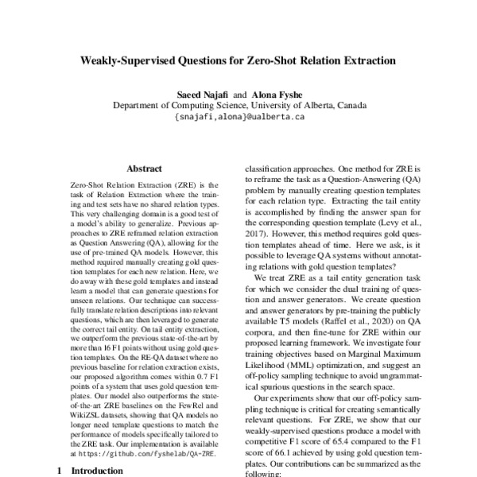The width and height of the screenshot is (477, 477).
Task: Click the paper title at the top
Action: [x=238, y=60]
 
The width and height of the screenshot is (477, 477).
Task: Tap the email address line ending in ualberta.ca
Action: [x=239, y=117]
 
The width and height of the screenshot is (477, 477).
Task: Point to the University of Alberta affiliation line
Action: [x=239, y=106]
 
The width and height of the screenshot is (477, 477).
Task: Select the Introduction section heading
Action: [x=97, y=470]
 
